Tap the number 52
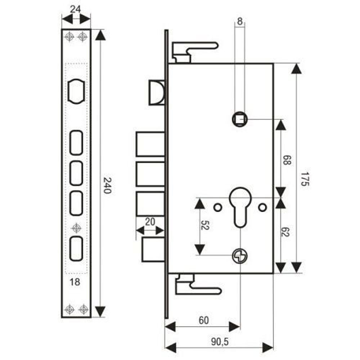[206, 226]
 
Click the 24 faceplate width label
[75, 10]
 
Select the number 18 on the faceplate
[75, 282]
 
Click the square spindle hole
[239, 119]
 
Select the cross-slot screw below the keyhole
[240, 256]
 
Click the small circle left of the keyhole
[217, 207]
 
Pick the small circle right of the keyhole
[263, 207]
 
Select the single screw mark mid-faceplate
[76, 228]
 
